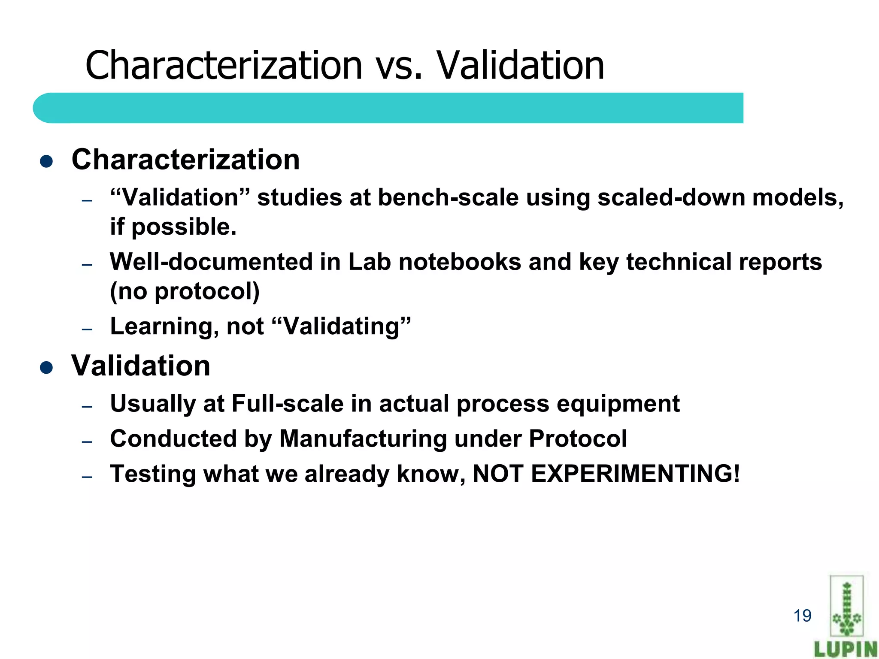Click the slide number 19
tap(802, 616)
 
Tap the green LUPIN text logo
tap(846, 649)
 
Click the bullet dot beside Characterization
tap(46, 161)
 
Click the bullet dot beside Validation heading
tap(46, 368)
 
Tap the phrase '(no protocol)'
tap(185, 291)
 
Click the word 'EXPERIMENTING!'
tap(635, 474)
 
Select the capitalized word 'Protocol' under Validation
tap(578, 439)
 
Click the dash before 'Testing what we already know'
tap(87, 477)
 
